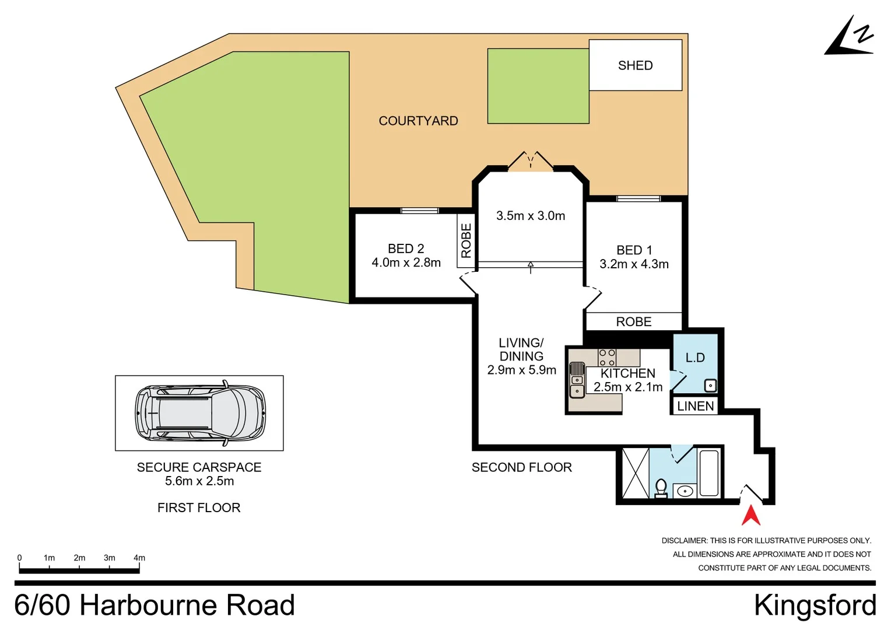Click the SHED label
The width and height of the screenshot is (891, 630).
(635, 65)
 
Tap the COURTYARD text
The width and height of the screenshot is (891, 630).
(418, 121)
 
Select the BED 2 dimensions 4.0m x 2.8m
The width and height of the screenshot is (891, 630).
(406, 263)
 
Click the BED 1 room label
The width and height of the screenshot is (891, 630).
(634, 250)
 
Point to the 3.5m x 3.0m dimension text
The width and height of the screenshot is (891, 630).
(531, 216)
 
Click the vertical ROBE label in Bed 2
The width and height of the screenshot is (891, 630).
(466, 240)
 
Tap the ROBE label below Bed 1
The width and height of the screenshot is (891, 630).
(634, 322)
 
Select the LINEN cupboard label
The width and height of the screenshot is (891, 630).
(695, 406)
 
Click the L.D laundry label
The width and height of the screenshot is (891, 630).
(694, 358)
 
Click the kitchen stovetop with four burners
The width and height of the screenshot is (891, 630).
(607, 358)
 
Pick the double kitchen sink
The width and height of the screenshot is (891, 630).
(577, 380)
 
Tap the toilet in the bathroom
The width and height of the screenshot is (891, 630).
(661, 488)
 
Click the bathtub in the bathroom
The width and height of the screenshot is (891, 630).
(709, 473)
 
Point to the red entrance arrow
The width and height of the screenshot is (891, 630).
(751, 515)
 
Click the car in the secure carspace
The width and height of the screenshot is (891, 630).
(200, 413)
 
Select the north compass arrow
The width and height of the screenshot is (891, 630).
(850, 38)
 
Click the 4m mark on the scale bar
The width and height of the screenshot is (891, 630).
(139, 558)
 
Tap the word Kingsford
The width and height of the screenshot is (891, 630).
(815, 605)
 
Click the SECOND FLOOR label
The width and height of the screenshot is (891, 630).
(521, 467)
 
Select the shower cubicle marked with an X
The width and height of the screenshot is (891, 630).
(635, 473)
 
